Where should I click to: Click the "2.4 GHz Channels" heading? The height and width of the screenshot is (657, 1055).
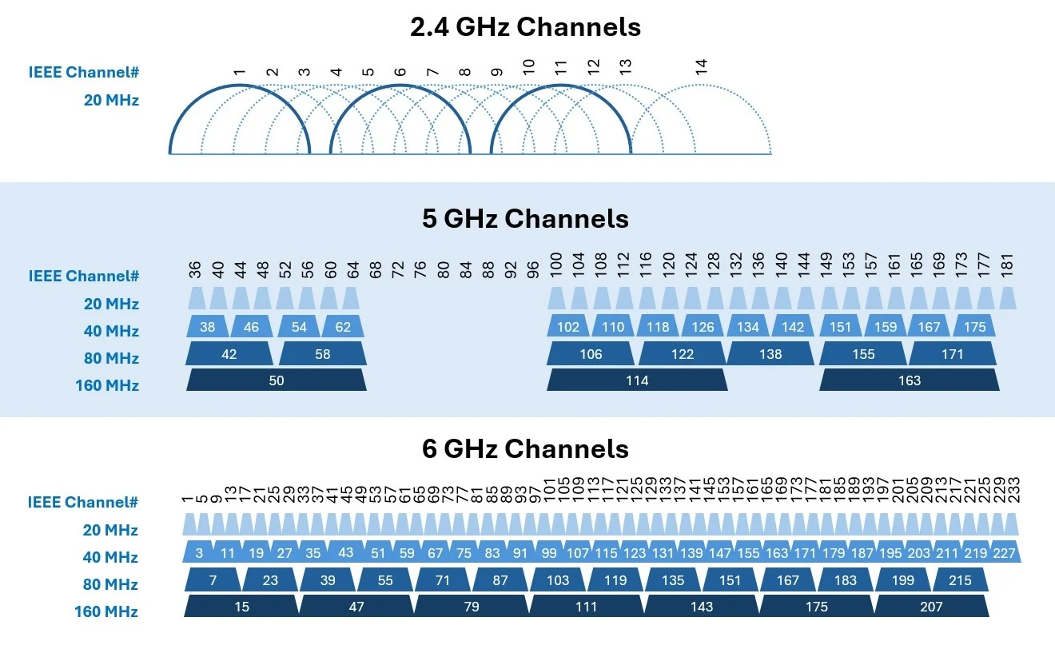[x=525, y=27]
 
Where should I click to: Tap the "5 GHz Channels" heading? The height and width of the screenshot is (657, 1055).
[x=525, y=218]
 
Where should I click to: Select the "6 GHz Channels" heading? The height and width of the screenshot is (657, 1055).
[x=525, y=448]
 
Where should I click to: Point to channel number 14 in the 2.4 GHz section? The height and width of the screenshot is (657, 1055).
[x=701, y=66]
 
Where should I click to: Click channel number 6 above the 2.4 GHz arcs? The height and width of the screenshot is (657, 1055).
[x=400, y=72]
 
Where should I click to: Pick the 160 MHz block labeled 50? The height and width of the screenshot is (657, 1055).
[x=277, y=380]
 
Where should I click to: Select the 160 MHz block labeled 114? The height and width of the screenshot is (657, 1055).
[x=637, y=380]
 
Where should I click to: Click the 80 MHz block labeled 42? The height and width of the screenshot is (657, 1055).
[x=229, y=354]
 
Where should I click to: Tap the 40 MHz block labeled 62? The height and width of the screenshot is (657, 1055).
[x=343, y=326]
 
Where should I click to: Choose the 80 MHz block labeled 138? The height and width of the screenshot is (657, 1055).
[x=770, y=354]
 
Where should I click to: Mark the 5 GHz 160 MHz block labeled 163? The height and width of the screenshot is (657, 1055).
[x=910, y=380]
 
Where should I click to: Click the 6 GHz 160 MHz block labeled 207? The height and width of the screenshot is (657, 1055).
[x=932, y=606]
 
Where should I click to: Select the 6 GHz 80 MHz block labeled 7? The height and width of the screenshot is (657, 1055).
[x=213, y=579]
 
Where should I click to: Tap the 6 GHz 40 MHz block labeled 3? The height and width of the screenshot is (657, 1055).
[x=199, y=552]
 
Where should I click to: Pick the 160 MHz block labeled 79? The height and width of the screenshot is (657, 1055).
[x=472, y=606]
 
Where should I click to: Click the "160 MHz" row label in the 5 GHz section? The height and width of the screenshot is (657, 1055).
[x=107, y=385]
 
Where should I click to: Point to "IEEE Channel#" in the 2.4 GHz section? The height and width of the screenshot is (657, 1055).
[x=84, y=72]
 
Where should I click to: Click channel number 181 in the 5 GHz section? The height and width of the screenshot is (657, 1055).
[x=1006, y=265]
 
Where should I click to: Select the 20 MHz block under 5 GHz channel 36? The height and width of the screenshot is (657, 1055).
[x=197, y=298]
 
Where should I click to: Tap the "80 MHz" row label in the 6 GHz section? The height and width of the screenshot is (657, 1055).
[x=110, y=584]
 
